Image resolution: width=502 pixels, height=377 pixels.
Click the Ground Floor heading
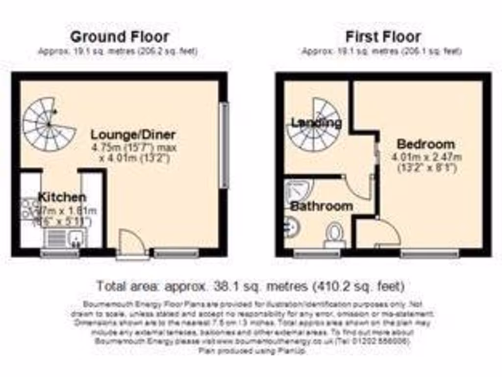coord(120,36)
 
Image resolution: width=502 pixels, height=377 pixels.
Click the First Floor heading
coord(383,36)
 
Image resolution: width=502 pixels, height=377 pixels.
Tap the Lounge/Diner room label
coord(133,135)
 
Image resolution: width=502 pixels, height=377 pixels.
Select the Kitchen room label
coord(62,197)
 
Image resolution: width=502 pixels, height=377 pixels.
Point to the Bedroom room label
coord(426,144)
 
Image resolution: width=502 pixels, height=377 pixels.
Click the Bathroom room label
coord(321,206)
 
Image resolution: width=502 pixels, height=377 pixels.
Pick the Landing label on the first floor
coord(316,123)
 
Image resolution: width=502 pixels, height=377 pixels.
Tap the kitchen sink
coord(65,239)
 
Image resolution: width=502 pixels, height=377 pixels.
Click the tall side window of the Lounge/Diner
coord(224,145)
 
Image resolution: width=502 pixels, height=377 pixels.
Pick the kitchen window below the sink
coord(59,253)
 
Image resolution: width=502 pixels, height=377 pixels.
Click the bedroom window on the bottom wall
coord(429,253)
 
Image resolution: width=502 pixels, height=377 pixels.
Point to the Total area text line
coord(250,285)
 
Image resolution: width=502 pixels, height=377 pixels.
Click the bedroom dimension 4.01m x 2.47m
coord(427,158)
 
